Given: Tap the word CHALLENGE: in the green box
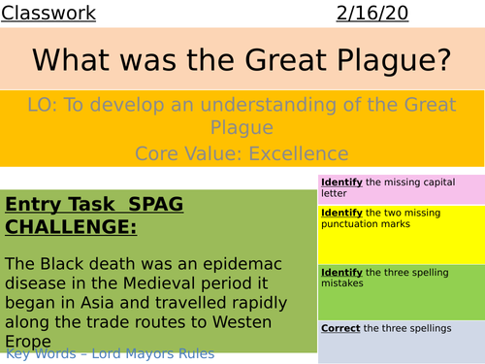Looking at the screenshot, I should (71, 228).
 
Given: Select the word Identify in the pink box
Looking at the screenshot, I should (342, 182).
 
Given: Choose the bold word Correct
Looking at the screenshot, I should (339, 329).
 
